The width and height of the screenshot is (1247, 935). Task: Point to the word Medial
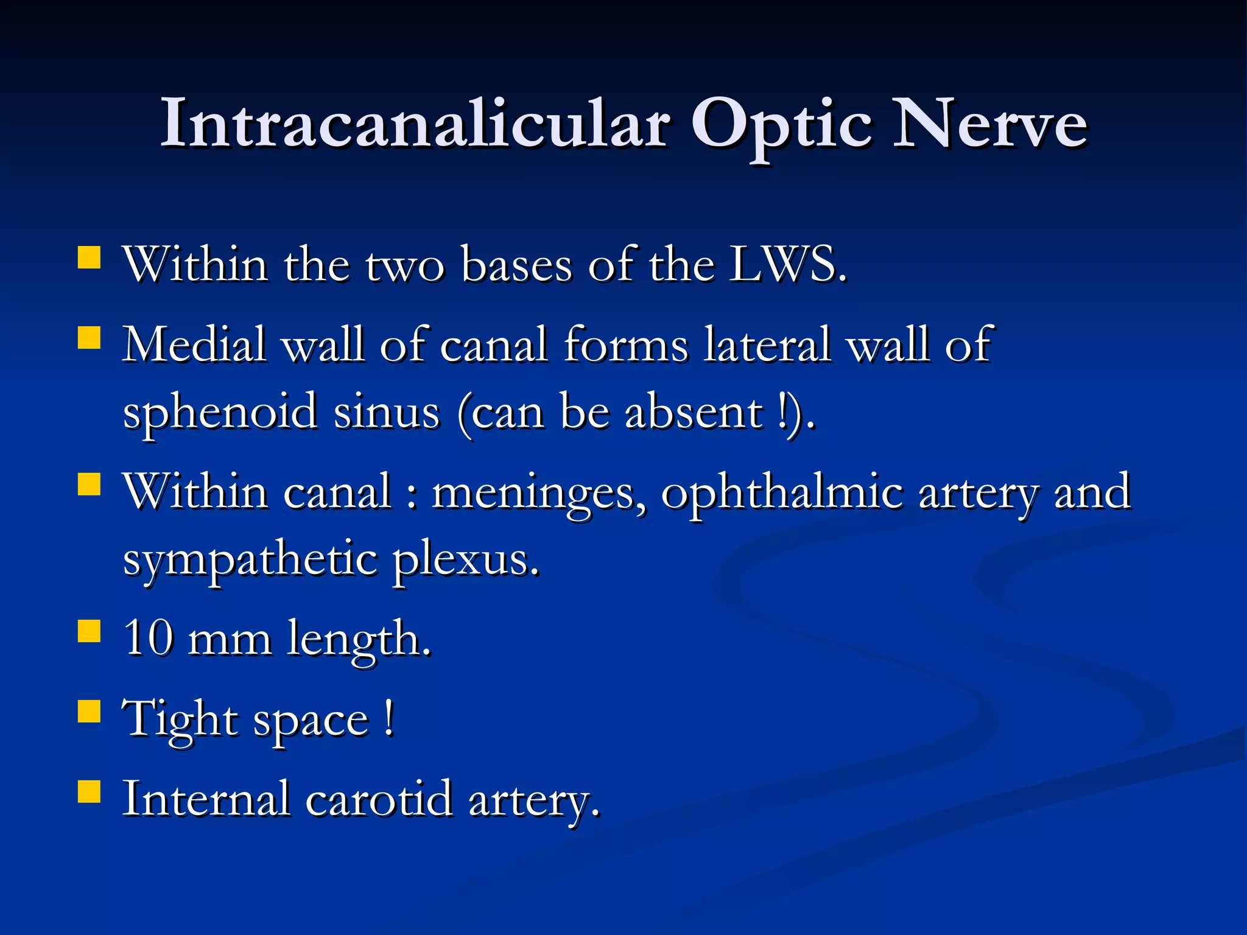(x=194, y=345)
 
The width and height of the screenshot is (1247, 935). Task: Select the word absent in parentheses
(x=694, y=413)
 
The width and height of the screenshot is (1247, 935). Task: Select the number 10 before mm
(x=148, y=639)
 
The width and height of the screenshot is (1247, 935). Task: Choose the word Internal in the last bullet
(x=206, y=799)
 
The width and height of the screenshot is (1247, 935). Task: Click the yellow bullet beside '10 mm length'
(x=90, y=631)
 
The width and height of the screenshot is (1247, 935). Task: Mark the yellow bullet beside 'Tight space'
(x=90, y=710)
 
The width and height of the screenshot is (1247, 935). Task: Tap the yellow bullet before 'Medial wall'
(x=90, y=337)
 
